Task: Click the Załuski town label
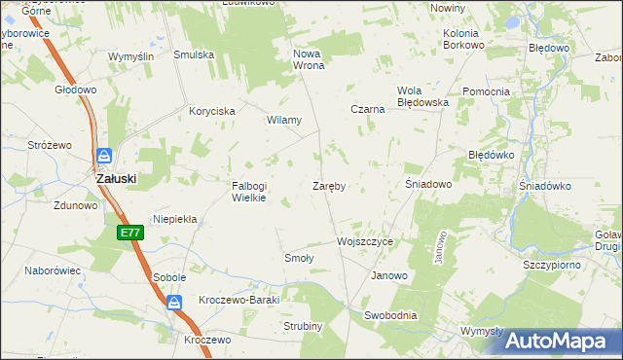[115, 179]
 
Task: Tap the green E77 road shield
[131, 233]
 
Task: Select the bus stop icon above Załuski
[104, 156]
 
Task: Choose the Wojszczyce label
[364, 240]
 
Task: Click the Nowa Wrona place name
[308, 59]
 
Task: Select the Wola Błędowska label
[421, 96]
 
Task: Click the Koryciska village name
[212, 111]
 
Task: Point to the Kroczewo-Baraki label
[238, 300]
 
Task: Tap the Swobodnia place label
[390, 315]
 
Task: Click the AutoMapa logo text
[567, 342]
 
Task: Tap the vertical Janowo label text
[440, 247]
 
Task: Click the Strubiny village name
[303, 326]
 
